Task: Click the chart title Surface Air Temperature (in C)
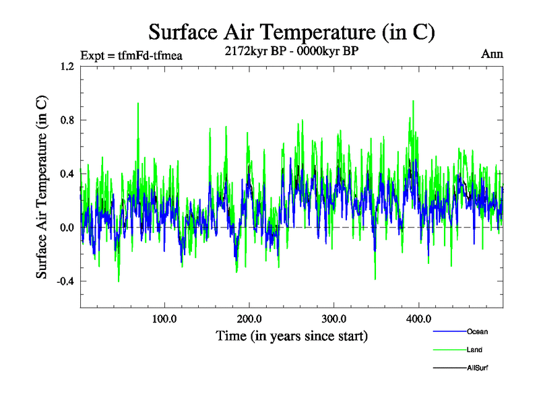coord(291,32)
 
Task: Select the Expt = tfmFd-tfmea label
coord(131,56)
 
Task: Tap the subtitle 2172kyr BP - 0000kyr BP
coord(291,50)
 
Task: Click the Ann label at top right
coord(492,55)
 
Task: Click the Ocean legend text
coord(476,332)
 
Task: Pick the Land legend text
coord(474,350)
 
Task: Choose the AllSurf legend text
coord(477,368)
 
